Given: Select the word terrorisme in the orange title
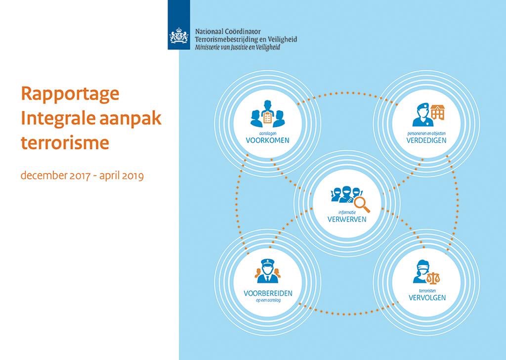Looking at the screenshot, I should click(65, 143).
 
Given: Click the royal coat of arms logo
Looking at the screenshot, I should click(179, 36).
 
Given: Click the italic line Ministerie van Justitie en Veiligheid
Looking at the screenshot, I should click(238, 47).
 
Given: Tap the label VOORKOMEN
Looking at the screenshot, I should click(267, 140).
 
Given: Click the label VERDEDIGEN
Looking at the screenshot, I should click(426, 140).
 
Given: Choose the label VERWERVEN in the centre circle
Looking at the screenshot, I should click(347, 219).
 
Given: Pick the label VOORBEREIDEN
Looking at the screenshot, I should click(268, 293).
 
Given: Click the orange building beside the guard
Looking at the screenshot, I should click(437, 113).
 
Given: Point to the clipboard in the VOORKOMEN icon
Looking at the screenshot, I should click(267, 118).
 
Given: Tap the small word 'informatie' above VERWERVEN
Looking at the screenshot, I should click(347, 212).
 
